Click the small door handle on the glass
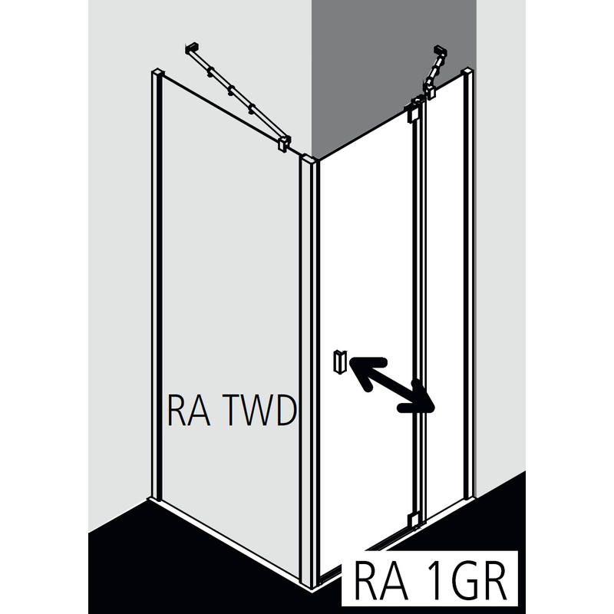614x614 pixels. tap(340, 360)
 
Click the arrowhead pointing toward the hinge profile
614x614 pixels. tap(424, 405)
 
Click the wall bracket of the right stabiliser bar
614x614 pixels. tap(439, 53)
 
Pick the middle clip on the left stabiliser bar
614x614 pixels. tap(230, 91)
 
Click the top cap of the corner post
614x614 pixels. tap(311, 161)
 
